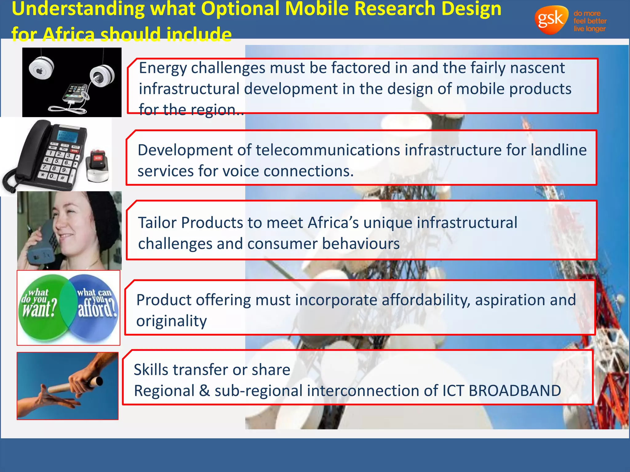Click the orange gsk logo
551,20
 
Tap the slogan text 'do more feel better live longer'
589,21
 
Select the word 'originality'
171,321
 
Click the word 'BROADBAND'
514,391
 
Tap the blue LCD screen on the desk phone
67,136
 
